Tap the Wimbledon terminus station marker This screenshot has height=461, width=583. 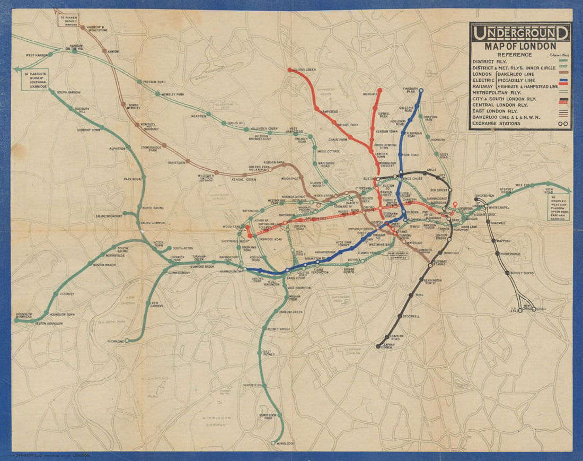pos(273,442)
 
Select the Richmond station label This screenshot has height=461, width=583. pos(116,341)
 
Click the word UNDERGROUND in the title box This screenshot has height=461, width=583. pos(520,34)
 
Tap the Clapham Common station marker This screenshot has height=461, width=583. pos(378,346)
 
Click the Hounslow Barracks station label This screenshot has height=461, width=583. pos(24,316)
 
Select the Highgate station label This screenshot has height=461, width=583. pos(369,94)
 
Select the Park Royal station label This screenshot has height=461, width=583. pos(134,179)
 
